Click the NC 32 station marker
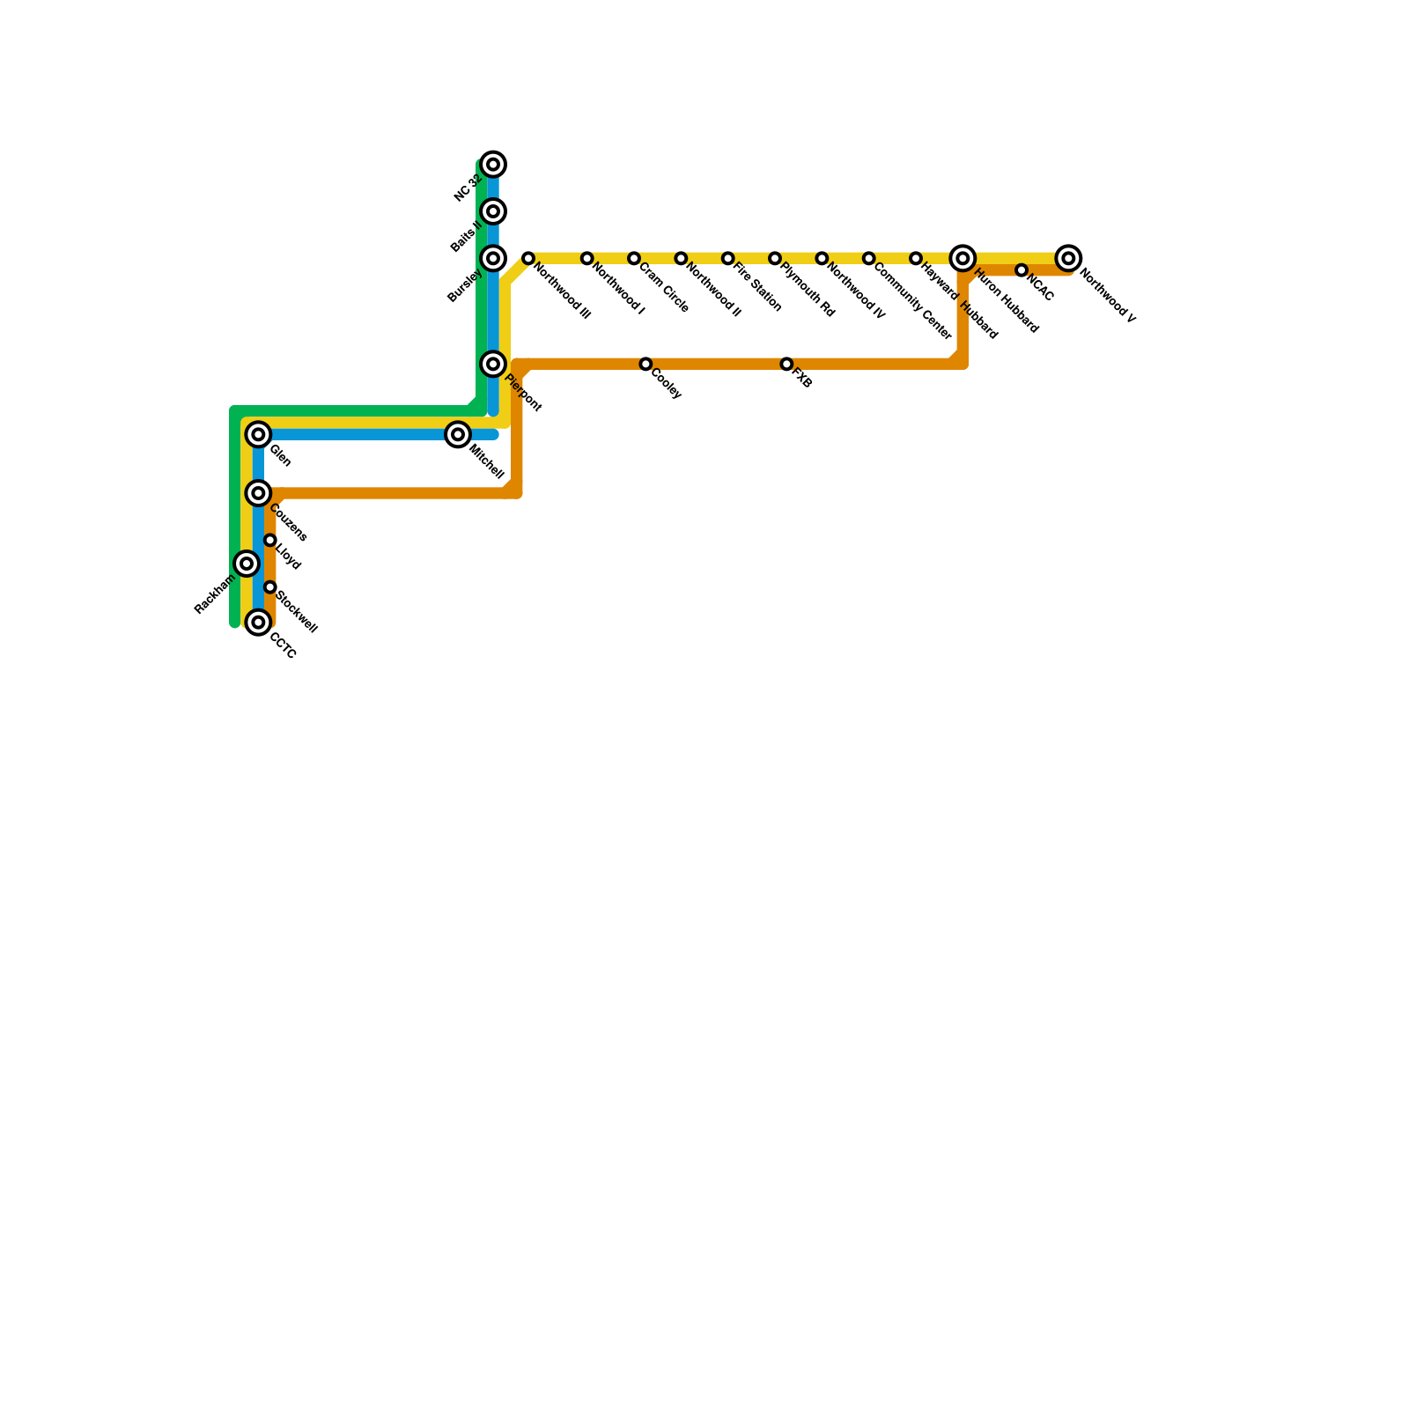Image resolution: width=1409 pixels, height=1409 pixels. coord(494,165)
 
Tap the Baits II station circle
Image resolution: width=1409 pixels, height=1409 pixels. coord(494,211)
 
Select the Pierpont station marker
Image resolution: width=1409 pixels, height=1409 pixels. coord(494,364)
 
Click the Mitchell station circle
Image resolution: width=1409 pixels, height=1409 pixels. coord(457,434)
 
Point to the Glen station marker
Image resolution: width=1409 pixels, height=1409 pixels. coord(258,434)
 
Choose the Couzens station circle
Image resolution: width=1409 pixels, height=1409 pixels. coord(258,493)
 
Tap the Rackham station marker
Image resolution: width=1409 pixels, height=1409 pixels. coord(247,564)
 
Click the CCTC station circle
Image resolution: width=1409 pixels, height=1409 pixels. coord(258,623)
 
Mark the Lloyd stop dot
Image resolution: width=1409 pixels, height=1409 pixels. coord(270,540)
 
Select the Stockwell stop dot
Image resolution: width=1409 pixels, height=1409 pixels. coord(270,587)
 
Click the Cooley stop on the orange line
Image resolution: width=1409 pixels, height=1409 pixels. coord(645,364)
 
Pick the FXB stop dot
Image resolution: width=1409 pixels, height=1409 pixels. coord(786,364)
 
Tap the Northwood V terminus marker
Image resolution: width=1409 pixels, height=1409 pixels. coord(1068,258)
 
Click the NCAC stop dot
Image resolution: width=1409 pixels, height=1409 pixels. coord(1021,270)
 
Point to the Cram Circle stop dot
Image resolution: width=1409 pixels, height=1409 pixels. coord(634,258)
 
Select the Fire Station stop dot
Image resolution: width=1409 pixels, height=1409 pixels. coord(727,258)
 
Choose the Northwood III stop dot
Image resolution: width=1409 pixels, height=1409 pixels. coord(528,258)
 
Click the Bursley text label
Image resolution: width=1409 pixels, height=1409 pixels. coord(465,285)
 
